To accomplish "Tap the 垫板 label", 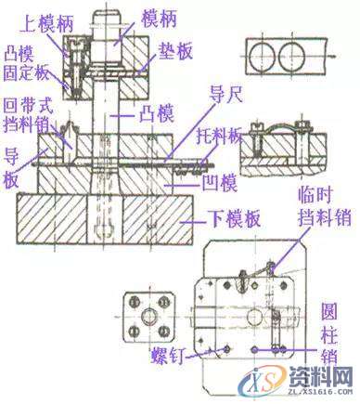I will click(173, 52).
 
